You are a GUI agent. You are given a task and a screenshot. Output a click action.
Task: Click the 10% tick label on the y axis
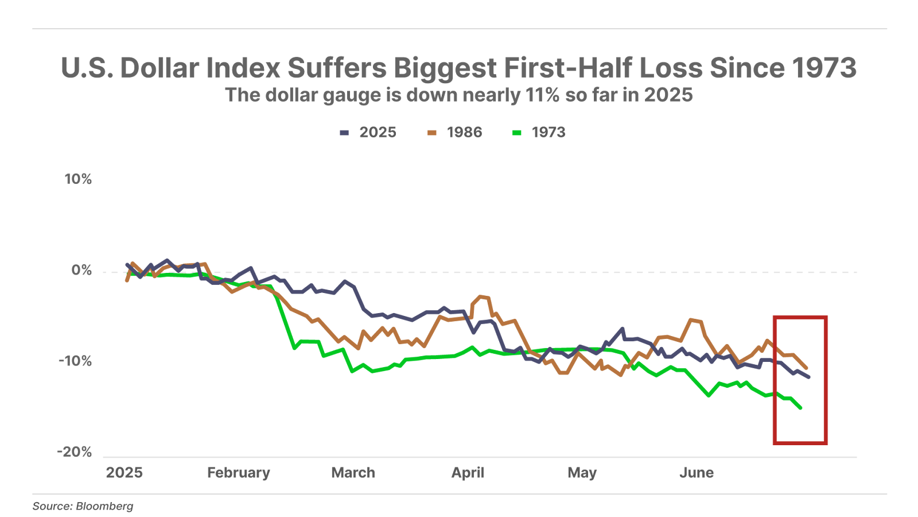click(78, 179)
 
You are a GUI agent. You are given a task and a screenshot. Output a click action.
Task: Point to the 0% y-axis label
click(81, 270)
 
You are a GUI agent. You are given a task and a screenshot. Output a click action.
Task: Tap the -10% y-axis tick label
click(75, 361)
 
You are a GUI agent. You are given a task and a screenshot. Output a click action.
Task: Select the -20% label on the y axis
click(75, 452)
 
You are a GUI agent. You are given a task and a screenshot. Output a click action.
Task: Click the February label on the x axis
click(238, 473)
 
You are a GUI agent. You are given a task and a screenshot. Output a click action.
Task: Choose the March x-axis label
click(353, 473)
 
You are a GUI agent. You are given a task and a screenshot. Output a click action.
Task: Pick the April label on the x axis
click(468, 473)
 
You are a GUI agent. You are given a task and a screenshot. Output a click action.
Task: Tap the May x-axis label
click(582, 473)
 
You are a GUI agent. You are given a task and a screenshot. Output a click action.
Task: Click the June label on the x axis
click(697, 473)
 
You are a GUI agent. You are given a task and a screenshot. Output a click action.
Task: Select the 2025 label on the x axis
click(124, 473)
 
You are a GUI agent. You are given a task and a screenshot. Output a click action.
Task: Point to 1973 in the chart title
click(824, 68)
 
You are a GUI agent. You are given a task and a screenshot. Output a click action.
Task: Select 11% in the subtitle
click(542, 95)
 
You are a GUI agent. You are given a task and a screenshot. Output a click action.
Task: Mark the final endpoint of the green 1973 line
click(800, 408)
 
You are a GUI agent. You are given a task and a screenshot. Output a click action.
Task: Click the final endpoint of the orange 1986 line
click(807, 368)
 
